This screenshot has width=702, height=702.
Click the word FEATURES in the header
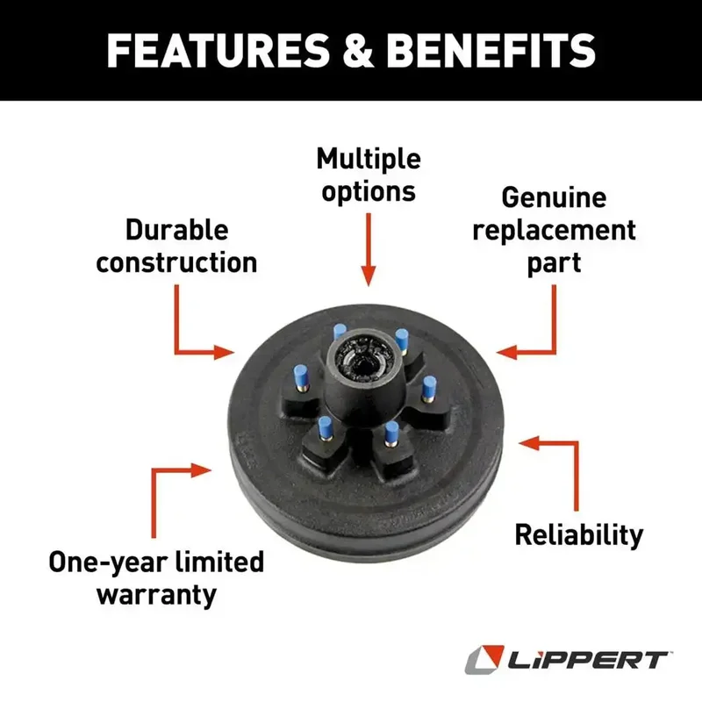tap(218, 51)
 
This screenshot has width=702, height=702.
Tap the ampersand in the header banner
tap(358, 51)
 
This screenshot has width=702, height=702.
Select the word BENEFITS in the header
tap(491, 51)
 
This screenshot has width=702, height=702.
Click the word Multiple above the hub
tap(369, 160)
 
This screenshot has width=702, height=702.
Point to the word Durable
tap(177, 230)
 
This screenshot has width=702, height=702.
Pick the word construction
tap(176, 262)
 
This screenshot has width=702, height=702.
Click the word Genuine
tap(554, 197)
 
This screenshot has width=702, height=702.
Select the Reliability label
tap(579, 536)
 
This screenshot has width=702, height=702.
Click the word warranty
tap(156, 596)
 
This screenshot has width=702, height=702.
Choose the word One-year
tap(107, 563)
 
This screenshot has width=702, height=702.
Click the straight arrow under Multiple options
tap(369, 249)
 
